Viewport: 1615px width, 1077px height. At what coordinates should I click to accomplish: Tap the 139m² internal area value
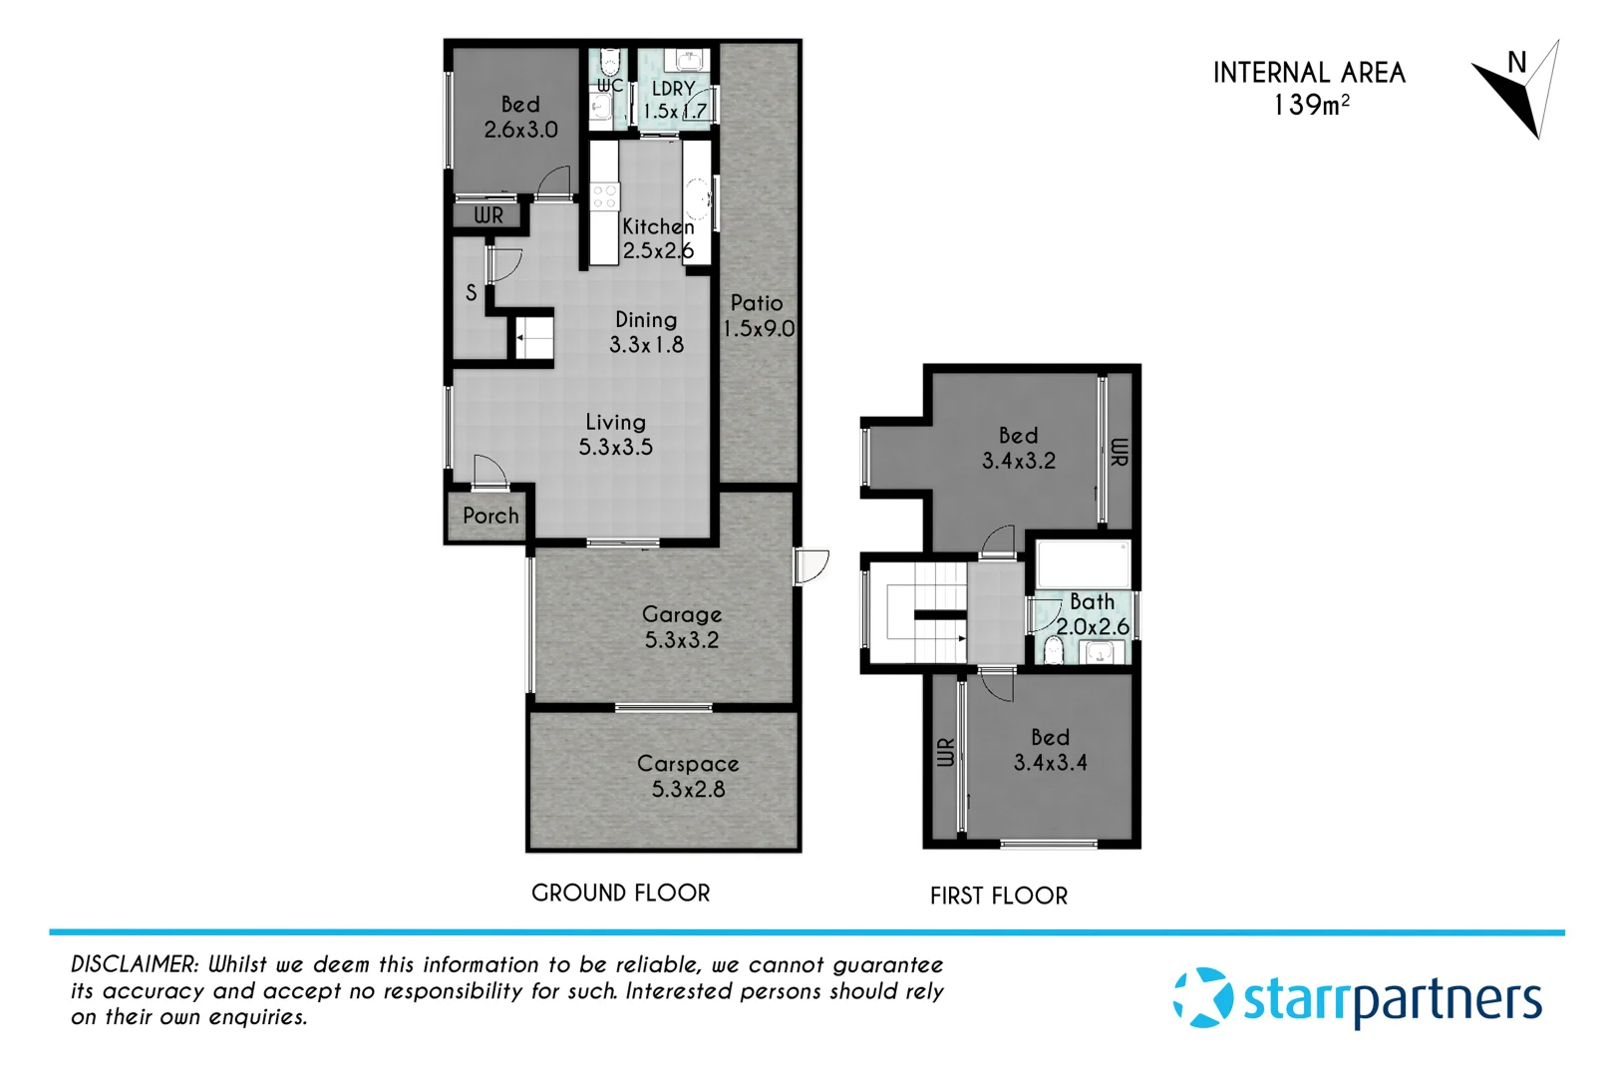[1310, 105]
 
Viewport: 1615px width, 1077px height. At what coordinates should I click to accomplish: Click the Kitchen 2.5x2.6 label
[658, 239]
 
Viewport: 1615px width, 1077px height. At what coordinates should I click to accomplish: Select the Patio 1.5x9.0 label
[758, 316]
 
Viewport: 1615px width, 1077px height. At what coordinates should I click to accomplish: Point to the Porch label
[490, 517]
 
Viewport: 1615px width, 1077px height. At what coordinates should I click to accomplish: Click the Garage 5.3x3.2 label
[682, 627]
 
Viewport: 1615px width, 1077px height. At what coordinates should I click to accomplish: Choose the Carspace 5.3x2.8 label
[688, 776]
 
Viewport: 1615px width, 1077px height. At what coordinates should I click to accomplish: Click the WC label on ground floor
[610, 86]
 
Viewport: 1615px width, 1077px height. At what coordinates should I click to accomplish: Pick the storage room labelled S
[472, 293]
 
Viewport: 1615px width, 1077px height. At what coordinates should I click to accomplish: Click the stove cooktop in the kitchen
[604, 196]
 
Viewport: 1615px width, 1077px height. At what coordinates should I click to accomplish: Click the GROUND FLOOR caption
[620, 894]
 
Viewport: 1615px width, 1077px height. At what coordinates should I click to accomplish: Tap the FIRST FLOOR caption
[998, 897]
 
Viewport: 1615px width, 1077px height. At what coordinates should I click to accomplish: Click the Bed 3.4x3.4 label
[1050, 750]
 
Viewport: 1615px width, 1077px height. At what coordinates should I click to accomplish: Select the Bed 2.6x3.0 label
[520, 117]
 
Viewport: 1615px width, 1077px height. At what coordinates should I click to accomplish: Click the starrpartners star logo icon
[1202, 997]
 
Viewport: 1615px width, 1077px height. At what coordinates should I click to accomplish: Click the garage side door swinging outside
[811, 566]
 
